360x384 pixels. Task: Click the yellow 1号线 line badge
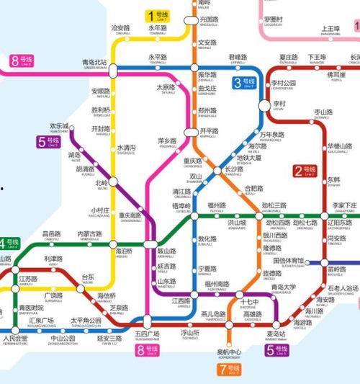pos(158,15)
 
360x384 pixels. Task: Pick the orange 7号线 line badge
pos(228,370)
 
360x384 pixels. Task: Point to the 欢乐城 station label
pos(60,127)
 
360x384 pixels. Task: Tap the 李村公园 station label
pos(284,84)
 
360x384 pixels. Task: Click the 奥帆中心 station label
pos(229,353)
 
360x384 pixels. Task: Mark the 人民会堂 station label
pos(15,339)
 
